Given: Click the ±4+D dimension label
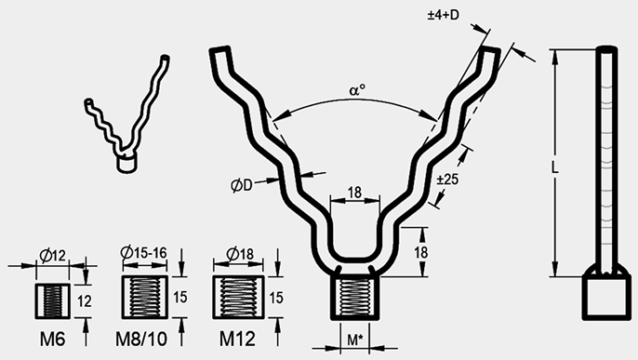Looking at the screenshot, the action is click(x=443, y=15).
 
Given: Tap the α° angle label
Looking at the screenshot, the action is click(x=357, y=90).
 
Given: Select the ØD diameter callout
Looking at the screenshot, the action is click(x=241, y=185).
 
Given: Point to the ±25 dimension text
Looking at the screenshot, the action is click(x=447, y=179).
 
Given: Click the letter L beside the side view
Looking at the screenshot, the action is click(x=554, y=167).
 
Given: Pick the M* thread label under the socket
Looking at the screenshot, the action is click(x=355, y=340).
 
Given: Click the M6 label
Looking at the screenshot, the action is click(x=52, y=339).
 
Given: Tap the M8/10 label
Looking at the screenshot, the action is click(x=141, y=339).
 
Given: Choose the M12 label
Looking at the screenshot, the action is click(x=237, y=339).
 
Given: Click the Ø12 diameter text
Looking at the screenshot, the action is click(x=53, y=256).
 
